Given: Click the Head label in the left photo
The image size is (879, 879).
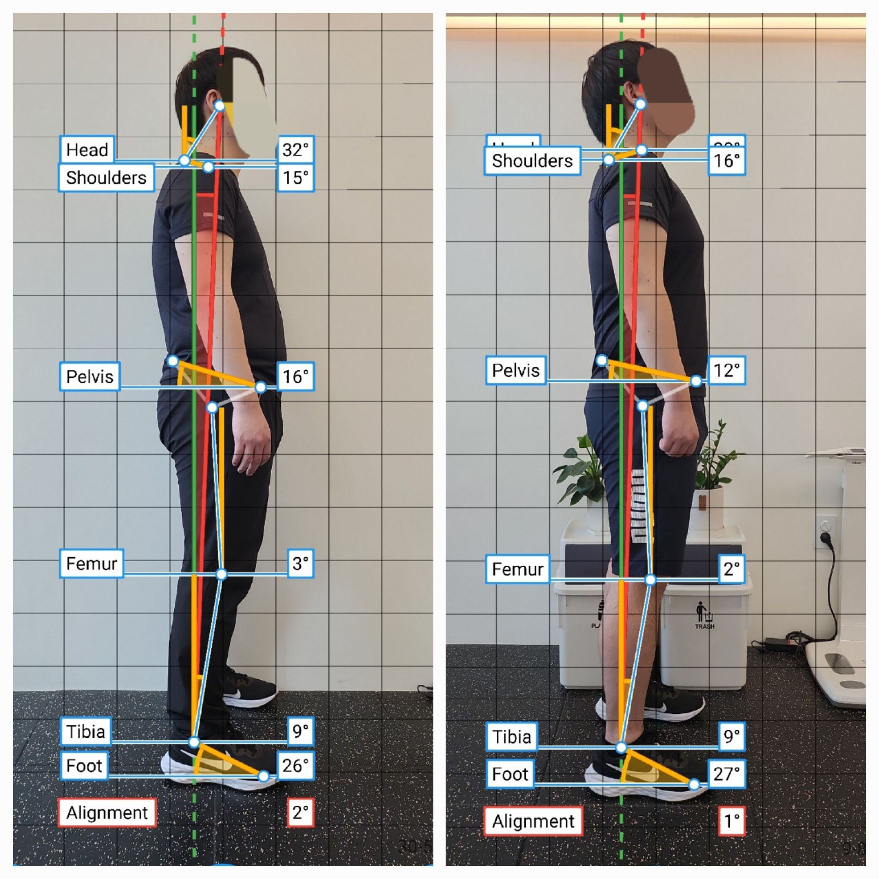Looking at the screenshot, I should [87, 150].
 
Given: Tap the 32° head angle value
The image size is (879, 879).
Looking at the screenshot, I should [295, 150].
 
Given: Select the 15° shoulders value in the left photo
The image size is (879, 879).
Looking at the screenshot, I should [295, 178].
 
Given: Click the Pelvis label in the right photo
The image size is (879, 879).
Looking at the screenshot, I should [516, 371].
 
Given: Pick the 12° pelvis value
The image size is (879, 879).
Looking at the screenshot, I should [726, 371].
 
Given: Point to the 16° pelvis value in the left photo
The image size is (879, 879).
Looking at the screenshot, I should [295, 377].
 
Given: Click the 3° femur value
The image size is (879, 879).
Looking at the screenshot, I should [300, 563].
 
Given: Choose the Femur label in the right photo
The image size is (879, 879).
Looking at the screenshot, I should [518, 570].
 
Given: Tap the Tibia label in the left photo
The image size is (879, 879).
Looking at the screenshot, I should [85, 731].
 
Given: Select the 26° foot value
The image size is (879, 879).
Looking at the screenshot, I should [295, 765].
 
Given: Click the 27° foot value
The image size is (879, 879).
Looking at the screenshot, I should [726, 774].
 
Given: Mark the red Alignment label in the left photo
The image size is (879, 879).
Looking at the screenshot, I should [107, 813].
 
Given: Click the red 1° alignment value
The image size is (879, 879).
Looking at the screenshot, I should [731, 822].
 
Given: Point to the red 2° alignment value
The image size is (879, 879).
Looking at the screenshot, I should [300, 813].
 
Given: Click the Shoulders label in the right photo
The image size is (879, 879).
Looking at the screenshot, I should [532, 161].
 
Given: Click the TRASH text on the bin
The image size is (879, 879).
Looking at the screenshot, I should [704, 626].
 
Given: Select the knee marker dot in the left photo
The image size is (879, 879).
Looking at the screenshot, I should [222, 574].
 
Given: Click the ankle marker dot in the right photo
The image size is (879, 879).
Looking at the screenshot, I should [621, 747].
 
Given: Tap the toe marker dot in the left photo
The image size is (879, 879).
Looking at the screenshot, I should [263, 776].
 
